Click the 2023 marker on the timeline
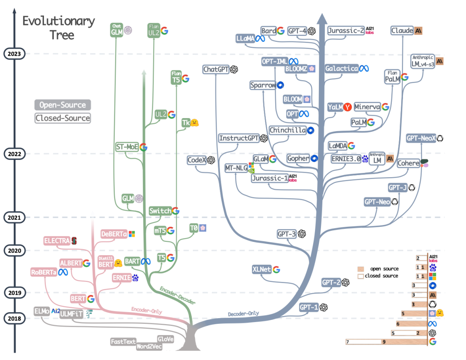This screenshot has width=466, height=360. coord(15,54)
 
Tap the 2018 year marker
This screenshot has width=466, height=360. coord(15,319)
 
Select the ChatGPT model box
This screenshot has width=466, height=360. coord(216,69)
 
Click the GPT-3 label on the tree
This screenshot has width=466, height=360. coord(287,234)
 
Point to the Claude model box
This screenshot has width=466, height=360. coord(402,31)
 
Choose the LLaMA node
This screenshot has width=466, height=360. coord(245,38)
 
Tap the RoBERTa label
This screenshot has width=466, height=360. coord(44,272)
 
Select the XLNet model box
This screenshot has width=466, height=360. coord(261,269)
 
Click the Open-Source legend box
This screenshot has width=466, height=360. coord(63,105)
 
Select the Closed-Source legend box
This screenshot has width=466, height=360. coord(63,118)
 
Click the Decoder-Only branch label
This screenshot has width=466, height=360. coord(243,314)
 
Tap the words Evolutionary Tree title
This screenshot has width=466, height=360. coord(59,27)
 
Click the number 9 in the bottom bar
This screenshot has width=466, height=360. coord(383,342)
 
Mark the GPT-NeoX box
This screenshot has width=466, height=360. coord(421,138)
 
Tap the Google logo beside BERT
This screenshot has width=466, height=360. coord(91,298)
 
